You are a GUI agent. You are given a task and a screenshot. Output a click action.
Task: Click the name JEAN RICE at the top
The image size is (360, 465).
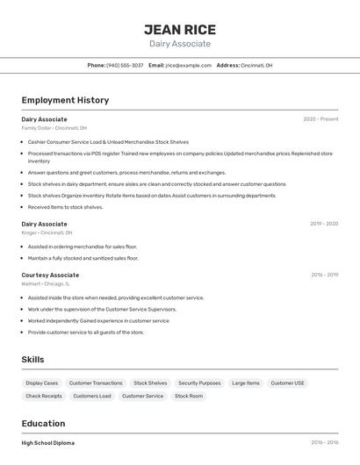point(179,30)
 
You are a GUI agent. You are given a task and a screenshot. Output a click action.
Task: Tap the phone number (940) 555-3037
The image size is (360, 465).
point(125,66)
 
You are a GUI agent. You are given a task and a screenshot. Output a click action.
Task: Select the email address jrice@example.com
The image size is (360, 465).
point(188,66)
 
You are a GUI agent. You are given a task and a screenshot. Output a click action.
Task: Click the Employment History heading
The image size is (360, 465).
point(65,100)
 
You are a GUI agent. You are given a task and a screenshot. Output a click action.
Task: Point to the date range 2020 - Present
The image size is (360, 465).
point(320,119)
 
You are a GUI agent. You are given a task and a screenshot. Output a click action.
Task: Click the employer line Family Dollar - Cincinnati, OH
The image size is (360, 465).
point(54,128)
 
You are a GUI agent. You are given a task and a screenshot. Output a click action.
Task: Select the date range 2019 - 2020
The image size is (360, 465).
point(324,224)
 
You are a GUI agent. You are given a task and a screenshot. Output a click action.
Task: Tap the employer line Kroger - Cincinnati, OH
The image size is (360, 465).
point(47,233)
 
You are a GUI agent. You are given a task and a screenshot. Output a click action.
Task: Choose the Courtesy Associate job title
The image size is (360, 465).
point(50,275)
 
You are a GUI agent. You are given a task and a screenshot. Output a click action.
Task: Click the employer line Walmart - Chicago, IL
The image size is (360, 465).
point(46,284)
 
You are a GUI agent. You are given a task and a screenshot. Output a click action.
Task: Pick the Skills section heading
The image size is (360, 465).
point(32,360)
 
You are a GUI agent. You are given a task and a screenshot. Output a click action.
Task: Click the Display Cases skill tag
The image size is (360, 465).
point(42,383)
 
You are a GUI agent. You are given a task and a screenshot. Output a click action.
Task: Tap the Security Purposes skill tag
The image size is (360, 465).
point(199,383)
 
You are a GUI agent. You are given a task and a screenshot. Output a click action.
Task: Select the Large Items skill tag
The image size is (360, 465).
point(246,383)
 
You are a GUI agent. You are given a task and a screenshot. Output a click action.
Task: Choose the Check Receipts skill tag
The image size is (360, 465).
point(44,397)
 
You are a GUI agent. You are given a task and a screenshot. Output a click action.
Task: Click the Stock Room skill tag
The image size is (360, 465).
point(189,397)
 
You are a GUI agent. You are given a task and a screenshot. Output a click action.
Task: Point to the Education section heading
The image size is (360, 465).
point(43,423)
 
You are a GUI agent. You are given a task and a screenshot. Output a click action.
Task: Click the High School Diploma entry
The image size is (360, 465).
point(48,443)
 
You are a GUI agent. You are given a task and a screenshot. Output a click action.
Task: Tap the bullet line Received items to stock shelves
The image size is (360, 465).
point(65,208)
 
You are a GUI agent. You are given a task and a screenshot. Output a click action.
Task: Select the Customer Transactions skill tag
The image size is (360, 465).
point(96,383)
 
